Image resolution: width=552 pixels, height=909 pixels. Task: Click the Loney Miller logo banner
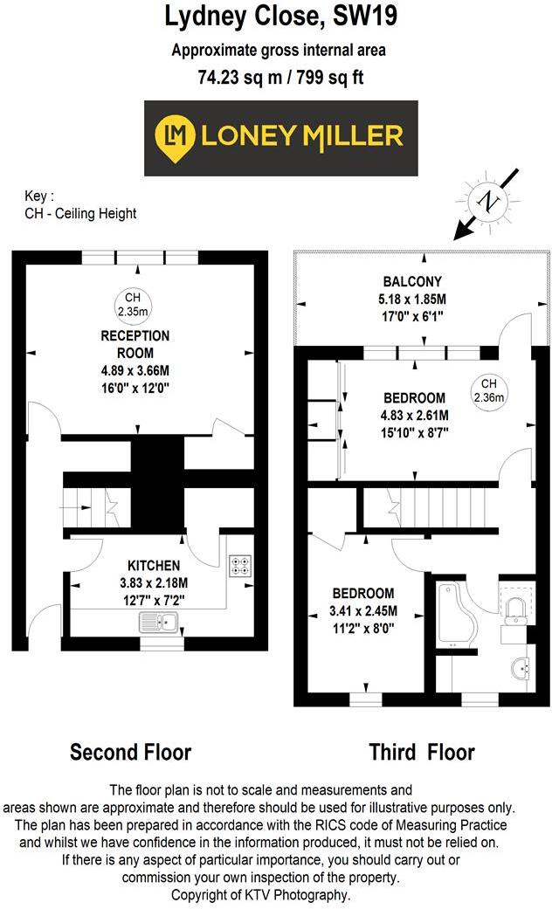(280, 138)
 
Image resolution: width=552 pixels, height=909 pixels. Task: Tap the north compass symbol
(489, 202)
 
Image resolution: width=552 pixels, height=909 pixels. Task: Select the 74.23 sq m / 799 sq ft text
(280, 77)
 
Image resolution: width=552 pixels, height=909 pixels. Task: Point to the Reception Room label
(135, 344)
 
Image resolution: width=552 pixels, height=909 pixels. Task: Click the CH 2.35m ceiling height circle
(133, 305)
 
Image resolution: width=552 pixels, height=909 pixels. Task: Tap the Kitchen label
(154, 566)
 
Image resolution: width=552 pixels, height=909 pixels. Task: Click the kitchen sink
(158, 622)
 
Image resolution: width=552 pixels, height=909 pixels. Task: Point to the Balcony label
(411, 281)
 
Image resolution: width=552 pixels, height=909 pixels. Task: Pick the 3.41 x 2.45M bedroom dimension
(362, 610)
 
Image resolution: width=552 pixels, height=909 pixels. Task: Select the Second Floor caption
(130, 752)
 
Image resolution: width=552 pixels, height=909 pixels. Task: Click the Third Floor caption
(422, 752)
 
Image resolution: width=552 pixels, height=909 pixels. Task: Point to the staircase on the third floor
(431, 507)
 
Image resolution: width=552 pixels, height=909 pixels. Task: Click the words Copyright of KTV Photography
(275, 895)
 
